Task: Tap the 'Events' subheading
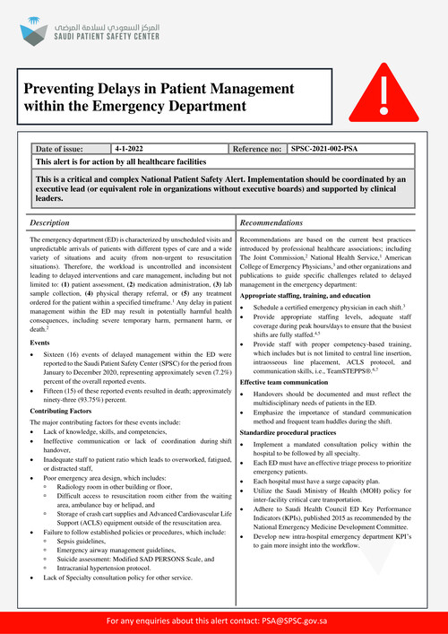(x=39, y=343)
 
